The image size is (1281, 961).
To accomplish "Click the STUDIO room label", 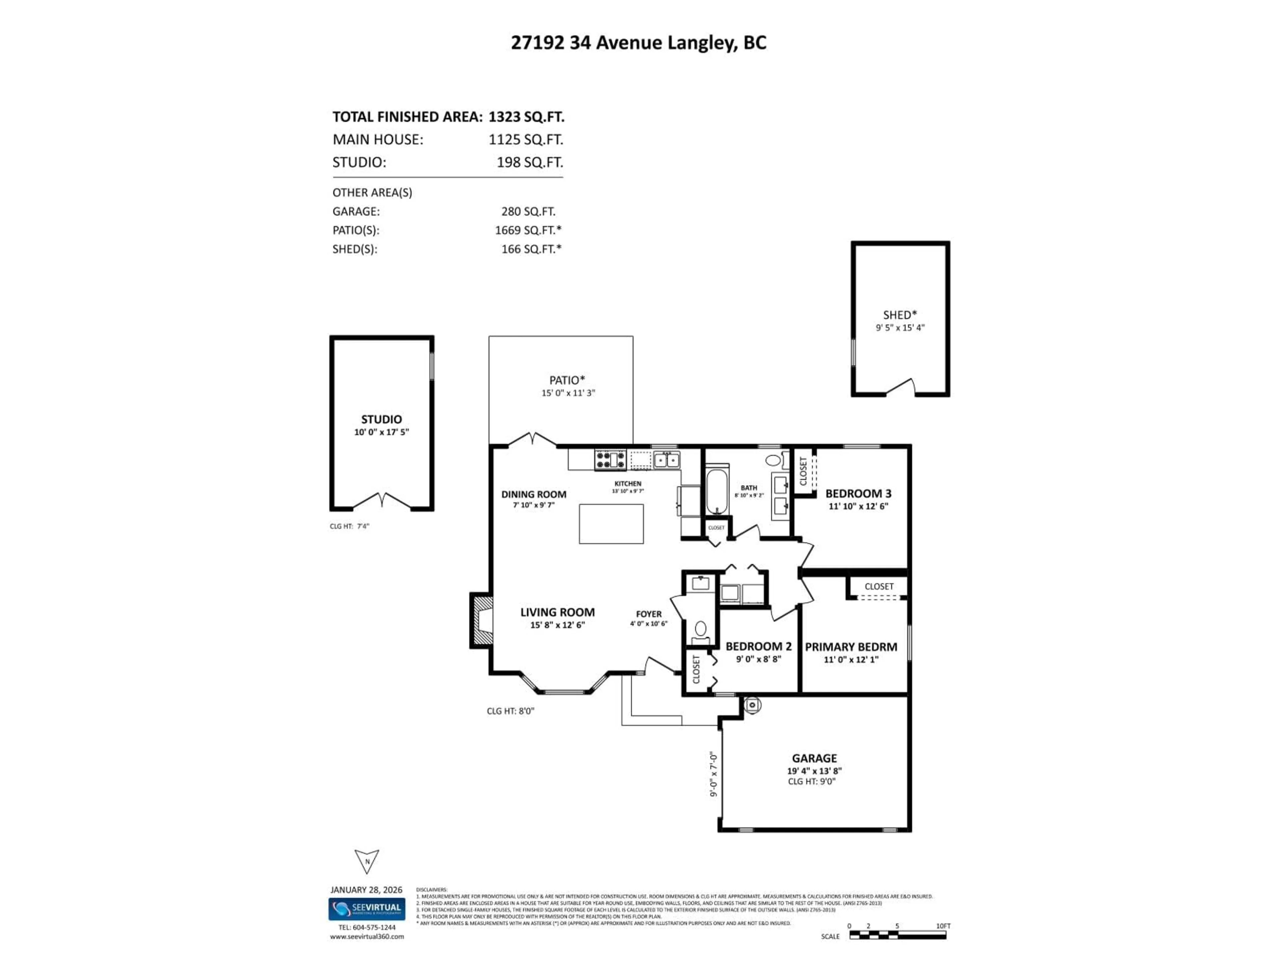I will click(x=381, y=419).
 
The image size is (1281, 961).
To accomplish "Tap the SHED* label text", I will click(x=899, y=315).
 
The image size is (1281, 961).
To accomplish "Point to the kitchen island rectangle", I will click(x=611, y=524).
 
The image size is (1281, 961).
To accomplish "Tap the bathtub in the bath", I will click(x=717, y=491).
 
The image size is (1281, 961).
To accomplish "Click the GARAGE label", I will click(x=814, y=758).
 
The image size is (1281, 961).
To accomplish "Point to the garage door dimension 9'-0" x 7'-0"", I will click(x=714, y=774).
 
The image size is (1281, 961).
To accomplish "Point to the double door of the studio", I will click(x=382, y=501).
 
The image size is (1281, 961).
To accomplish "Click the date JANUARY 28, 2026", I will click(x=366, y=890).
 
